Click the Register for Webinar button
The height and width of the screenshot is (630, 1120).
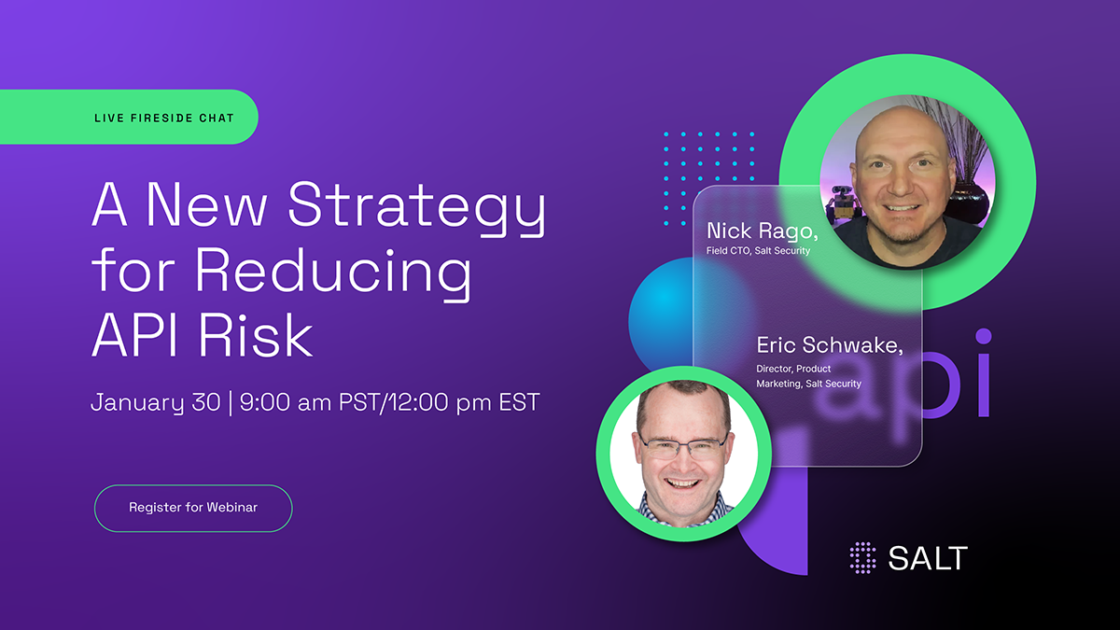click(193, 508)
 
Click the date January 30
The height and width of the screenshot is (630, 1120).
click(155, 403)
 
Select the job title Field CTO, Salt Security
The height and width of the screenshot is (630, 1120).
click(758, 250)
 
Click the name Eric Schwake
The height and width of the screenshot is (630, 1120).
click(830, 346)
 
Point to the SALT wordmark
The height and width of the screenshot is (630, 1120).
click(928, 558)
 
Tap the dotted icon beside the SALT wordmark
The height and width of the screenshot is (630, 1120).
click(863, 558)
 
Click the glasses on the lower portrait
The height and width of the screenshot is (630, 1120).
click(682, 445)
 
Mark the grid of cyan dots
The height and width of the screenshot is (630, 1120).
click(708, 178)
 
